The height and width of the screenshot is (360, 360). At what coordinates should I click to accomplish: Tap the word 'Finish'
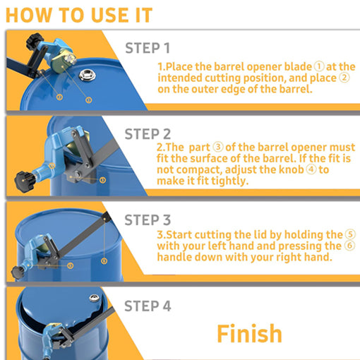pyautogui.click(x=249, y=333)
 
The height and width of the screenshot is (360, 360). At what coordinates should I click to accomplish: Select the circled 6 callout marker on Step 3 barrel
pyautogui.click(x=104, y=261)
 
